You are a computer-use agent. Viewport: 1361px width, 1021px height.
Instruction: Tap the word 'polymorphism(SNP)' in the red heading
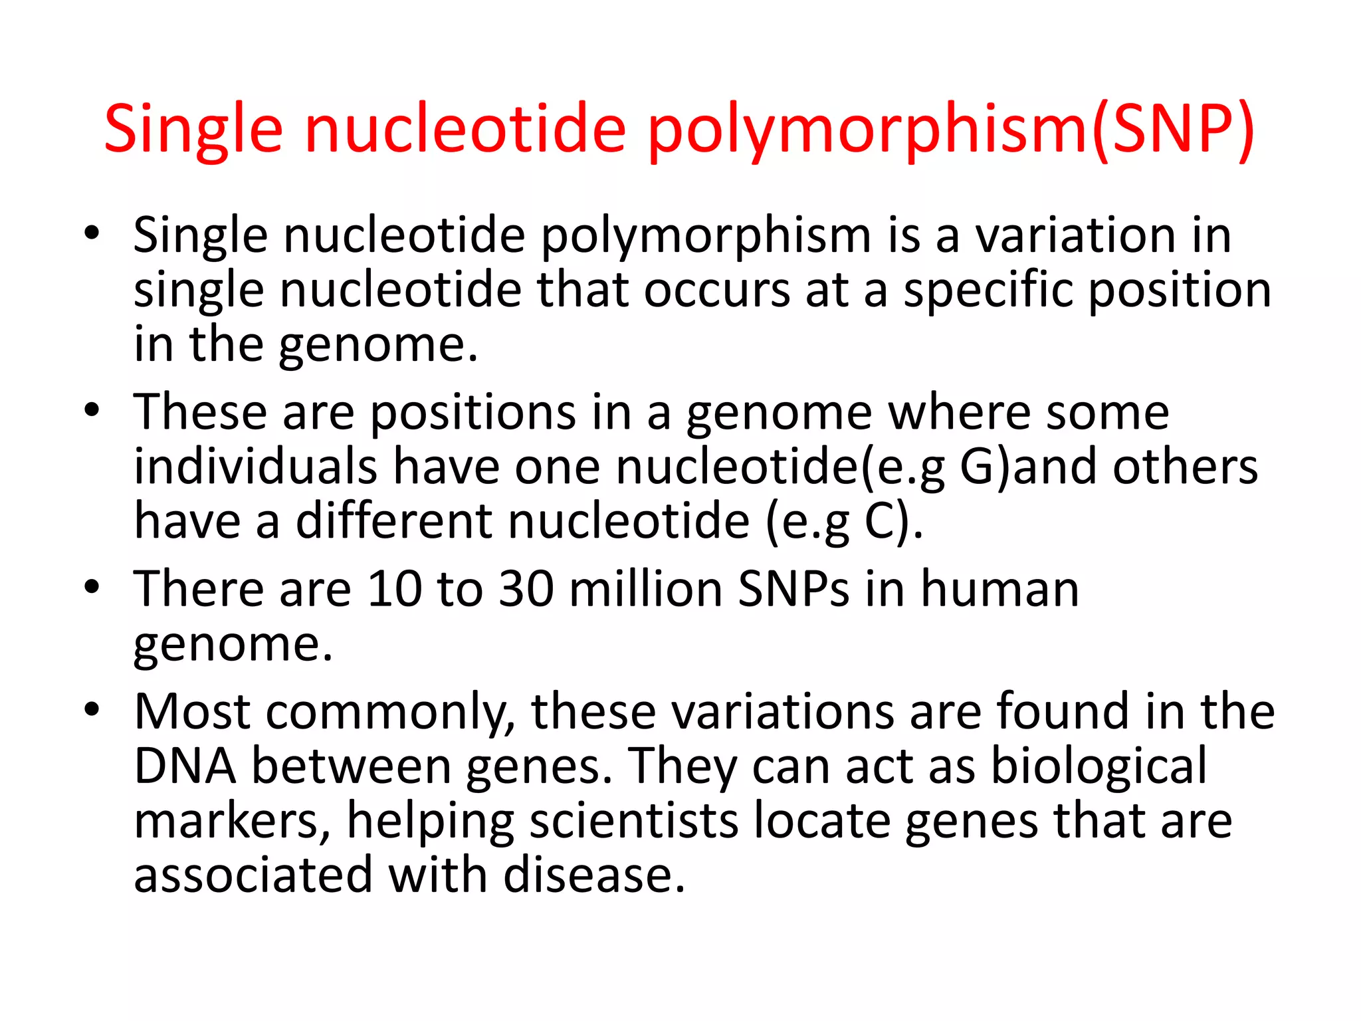[951, 130]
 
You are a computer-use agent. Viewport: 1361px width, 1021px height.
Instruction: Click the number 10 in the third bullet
[395, 589]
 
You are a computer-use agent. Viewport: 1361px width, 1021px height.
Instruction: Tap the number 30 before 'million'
[526, 589]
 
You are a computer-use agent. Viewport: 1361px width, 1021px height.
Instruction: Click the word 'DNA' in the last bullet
[185, 766]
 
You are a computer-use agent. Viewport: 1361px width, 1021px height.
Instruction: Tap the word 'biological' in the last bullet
[1099, 766]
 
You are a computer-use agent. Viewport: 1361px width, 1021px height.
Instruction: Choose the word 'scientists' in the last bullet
[634, 821]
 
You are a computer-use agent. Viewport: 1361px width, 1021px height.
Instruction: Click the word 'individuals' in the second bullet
[256, 467]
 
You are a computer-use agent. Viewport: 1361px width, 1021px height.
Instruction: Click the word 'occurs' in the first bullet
[717, 290]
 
